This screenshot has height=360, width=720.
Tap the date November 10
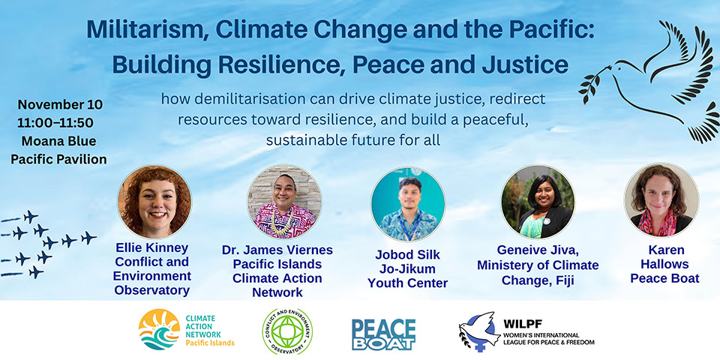[60, 104]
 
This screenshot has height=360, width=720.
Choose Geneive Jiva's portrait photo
[537, 201]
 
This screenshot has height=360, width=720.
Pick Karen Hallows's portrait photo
[661, 200]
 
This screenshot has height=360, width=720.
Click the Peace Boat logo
[383, 333]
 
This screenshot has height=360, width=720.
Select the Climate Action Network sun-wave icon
[158, 331]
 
